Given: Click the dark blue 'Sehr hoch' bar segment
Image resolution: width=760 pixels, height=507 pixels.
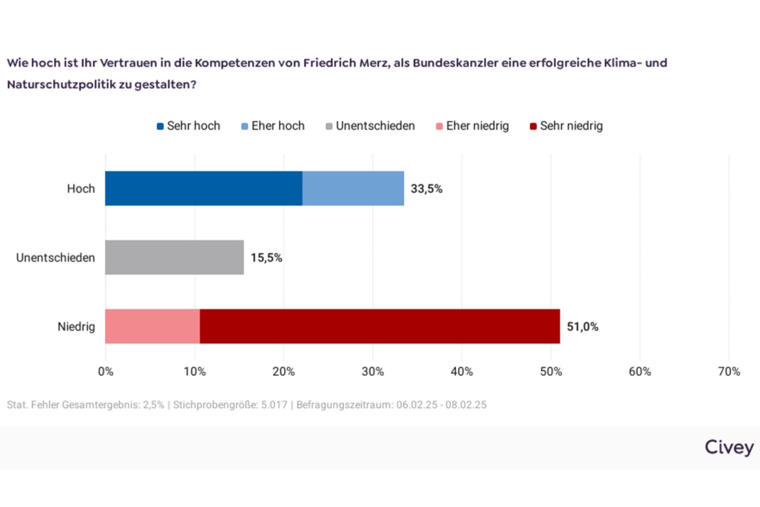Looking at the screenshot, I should (204, 188).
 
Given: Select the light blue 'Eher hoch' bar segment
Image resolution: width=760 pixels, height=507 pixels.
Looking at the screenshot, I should (353, 188).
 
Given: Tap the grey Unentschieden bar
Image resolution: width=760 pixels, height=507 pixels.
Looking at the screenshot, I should (174, 257).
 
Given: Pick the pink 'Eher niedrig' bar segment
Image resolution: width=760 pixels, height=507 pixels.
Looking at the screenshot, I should (152, 326).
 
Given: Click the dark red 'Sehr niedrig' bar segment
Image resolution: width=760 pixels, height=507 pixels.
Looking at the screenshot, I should (380, 326).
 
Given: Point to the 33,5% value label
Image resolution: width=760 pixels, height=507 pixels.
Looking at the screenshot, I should (426, 189).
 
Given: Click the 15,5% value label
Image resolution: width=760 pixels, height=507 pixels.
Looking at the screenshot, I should (266, 258).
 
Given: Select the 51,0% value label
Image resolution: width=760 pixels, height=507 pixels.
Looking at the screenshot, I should (582, 327).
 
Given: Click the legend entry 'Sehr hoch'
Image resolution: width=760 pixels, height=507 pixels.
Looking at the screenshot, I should (188, 126).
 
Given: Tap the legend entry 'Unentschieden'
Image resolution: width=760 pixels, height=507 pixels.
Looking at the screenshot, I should (369, 126).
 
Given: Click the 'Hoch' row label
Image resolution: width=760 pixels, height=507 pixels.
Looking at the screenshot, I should (80, 189).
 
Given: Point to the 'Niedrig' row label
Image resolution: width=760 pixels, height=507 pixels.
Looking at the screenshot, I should (76, 327).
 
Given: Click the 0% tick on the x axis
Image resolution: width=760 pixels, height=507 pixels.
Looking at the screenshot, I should (105, 371).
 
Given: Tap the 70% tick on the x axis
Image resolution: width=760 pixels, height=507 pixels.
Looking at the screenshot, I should (729, 371).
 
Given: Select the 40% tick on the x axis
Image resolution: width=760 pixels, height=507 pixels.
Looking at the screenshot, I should (462, 371).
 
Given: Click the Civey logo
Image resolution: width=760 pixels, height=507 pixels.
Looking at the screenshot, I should (729, 447).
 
